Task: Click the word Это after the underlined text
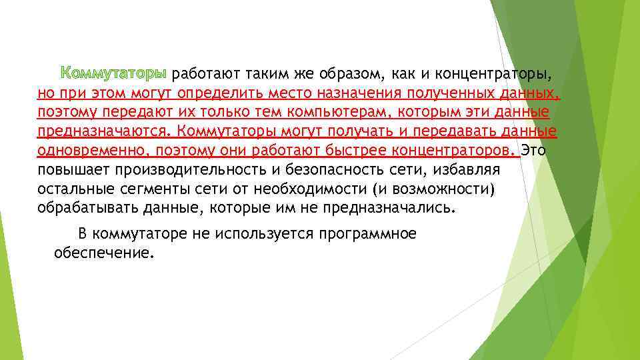[x=533, y=151]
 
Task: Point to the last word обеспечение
[x=103, y=253]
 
